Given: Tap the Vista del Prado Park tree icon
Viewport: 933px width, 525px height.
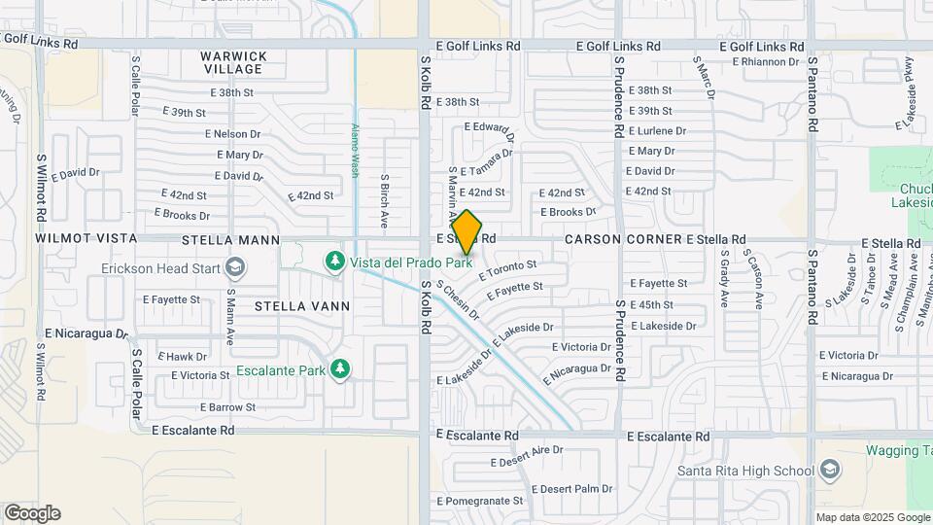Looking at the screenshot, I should pyautogui.click(x=335, y=261).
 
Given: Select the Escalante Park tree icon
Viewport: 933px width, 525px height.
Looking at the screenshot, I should pyautogui.click(x=339, y=368).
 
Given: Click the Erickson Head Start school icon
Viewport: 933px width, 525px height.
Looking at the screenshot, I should pyautogui.click(x=234, y=267).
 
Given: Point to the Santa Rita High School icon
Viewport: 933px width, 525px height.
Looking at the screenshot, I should pyautogui.click(x=829, y=472).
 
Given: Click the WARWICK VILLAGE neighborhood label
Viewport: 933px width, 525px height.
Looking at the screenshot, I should pyautogui.click(x=233, y=62).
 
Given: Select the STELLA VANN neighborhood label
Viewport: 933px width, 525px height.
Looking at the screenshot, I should pyautogui.click(x=288, y=305).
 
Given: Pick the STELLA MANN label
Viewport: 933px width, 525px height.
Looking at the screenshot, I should pyautogui.click(x=230, y=239).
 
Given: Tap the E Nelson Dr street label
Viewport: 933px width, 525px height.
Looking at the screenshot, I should pyautogui.click(x=233, y=134).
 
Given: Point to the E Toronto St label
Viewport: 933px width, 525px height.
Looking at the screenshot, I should pyautogui.click(x=507, y=269).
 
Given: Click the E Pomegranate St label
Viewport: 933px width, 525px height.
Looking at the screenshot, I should pyautogui.click(x=480, y=501).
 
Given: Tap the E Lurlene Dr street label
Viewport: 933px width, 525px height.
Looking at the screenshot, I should pyautogui.click(x=657, y=131).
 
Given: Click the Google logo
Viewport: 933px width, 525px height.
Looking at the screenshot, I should pyautogui.click(x=32, y=512).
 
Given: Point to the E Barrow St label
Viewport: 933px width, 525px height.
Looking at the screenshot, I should pyautogui.click(x=227, y=407).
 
